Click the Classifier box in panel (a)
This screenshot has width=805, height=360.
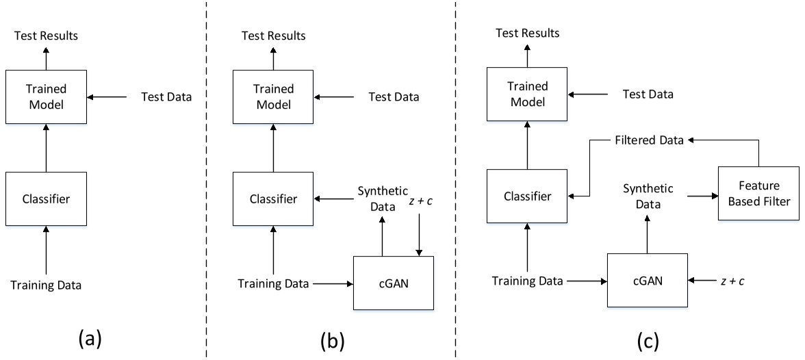point(46,200)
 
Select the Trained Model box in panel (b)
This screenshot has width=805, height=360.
point(274,97)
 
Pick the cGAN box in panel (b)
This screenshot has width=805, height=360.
point(392,282)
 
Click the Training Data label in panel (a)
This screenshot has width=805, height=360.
point(46,285)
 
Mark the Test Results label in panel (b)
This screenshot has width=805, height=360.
point(274,36)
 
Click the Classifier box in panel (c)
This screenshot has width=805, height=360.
point(527,196)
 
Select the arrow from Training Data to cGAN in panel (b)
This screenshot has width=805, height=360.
point(331,283)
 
